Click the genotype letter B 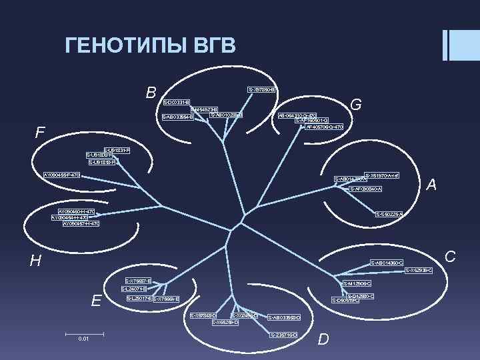coord(151,91)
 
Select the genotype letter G coord(356,105)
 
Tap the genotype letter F coord(40,133)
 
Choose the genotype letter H coord(35,261)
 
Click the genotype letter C coord(450,255)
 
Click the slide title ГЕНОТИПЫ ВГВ coord(150,46)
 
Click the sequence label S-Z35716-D coord(283,333)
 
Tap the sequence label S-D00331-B coord(177,102)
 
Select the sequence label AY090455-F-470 coord(61,175)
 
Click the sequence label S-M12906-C coord(358,284)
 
